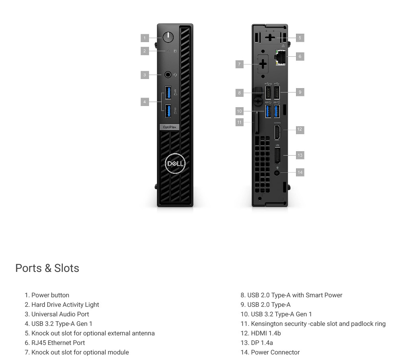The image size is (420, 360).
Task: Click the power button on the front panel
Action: [168, 37]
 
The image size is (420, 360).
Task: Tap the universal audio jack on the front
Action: [168, 75]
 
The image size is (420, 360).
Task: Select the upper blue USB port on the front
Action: [168, 92]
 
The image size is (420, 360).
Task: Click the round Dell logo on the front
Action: [175, 164]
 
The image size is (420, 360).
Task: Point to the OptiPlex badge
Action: [169, 127]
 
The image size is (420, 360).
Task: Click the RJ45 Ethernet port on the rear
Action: [280, 57]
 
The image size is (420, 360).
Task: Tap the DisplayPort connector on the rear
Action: [277, 156]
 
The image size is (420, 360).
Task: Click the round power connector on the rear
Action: [277, 173]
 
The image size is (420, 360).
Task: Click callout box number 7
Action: [240, 64]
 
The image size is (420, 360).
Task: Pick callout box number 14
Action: [300, 172]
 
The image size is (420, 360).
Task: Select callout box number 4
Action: [145, 102]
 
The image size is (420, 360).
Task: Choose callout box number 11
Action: [240, 122]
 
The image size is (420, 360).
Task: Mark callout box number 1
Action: [145, 38]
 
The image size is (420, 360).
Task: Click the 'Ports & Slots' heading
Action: [47, 268]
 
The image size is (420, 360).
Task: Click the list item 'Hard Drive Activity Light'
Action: [62, 304]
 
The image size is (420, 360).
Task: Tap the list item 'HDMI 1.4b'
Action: [261, 333]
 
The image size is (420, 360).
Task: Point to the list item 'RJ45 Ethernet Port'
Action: [55, 343]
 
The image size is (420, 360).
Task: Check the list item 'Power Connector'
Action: [270, 352]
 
